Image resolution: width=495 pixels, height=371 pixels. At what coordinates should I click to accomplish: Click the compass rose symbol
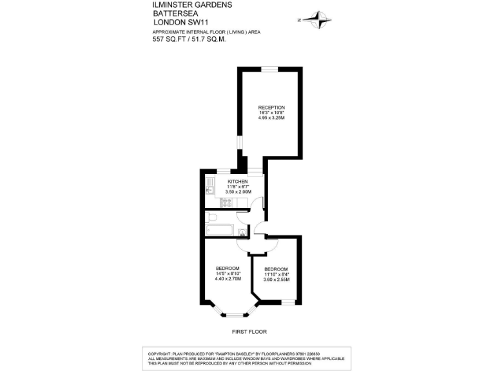point(316,20)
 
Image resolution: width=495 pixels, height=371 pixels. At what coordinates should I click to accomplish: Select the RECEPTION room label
point(271,107)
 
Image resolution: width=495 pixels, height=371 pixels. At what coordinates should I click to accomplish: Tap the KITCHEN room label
point(238,182)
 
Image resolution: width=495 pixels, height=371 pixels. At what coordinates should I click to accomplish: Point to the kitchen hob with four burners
point(226,203)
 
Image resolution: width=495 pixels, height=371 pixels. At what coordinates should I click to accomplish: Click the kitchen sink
point(209,187)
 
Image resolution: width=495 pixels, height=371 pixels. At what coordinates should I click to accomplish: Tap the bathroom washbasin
point(242,232)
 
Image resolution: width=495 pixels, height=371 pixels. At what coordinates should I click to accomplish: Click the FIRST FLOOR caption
point(249,332)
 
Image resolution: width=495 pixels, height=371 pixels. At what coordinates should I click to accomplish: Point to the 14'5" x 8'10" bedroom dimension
point(228,274)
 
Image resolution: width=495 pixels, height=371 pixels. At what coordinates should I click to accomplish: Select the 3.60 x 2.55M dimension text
point(277,280)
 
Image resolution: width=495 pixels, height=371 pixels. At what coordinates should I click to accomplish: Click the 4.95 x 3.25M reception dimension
point(271,118)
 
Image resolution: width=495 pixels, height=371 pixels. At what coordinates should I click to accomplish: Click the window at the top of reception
point(269,69)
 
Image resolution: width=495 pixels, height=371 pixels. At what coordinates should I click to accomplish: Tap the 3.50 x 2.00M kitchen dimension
point(238,192)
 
